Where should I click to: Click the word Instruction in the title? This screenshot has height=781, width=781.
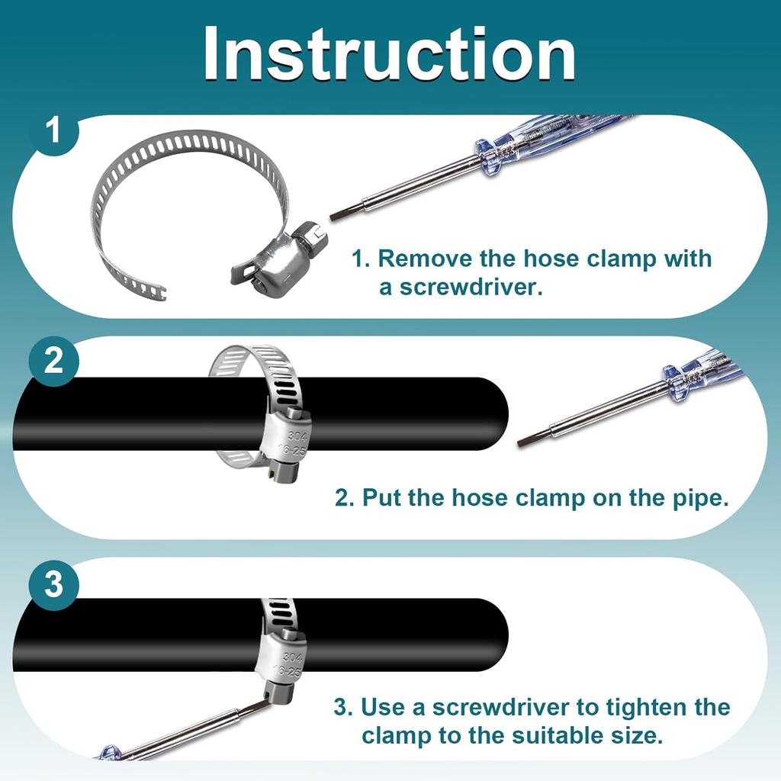coord(390,53)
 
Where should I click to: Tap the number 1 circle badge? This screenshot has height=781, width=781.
coord(53,131)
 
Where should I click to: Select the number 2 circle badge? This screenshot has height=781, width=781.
coord(53,360)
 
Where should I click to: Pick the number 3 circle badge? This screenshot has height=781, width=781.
coord(53,583)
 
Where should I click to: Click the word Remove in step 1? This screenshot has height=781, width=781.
coord(425,259)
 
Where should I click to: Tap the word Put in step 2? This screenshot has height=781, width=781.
coord(381,497)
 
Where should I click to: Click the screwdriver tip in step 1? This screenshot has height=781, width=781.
coord(333,217)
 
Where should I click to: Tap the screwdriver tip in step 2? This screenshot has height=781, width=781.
coord(520,443)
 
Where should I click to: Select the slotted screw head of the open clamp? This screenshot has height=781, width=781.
coord(309,236)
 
